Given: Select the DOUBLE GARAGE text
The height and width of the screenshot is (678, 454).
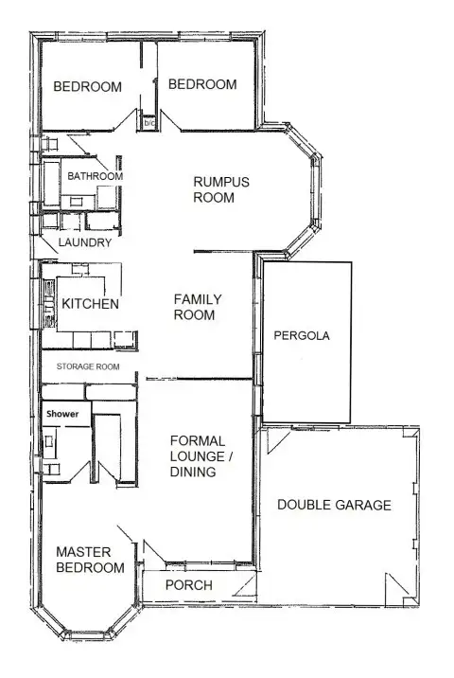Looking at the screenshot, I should pyautogui.click(x=334, y=505).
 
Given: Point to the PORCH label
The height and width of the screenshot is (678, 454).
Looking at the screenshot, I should pyautogui.click(x=188, y=585).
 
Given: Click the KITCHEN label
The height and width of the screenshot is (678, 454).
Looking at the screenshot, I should pyautogui.click(x=90, y=304).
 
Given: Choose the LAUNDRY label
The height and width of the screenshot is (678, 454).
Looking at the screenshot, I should pyautogui.click(x=85, y=242).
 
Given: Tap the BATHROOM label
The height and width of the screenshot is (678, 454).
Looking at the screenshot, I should pyautogui.click(x=95, y=176).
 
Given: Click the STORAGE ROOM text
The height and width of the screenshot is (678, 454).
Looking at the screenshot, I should pyautogui.click(x=88, y=366).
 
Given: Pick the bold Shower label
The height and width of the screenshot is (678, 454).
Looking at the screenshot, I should pyautogui.click(x=62, y=414).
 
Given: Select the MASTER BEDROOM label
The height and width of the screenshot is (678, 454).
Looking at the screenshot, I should pyautogui.click(x=90, y=560).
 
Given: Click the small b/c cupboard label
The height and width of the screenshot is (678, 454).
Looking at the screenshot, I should pyautogui.click(x=148, y=123).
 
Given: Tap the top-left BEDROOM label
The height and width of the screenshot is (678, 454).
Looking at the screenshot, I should pyautogui.click(x=87, y=87).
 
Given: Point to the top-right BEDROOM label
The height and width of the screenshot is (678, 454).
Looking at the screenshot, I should pyautogui.click(x=201, y=84).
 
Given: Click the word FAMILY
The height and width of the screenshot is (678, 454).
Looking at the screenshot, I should pyautogui.click(x=197, y=299).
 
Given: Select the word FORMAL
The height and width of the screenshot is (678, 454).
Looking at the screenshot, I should pyautogui.click(x=197, y=440).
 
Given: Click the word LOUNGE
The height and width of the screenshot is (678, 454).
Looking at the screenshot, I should pyautogui.click(x=194, y=455).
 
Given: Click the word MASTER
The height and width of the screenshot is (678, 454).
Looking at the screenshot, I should pyautogui.click(x=83, y=551).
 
